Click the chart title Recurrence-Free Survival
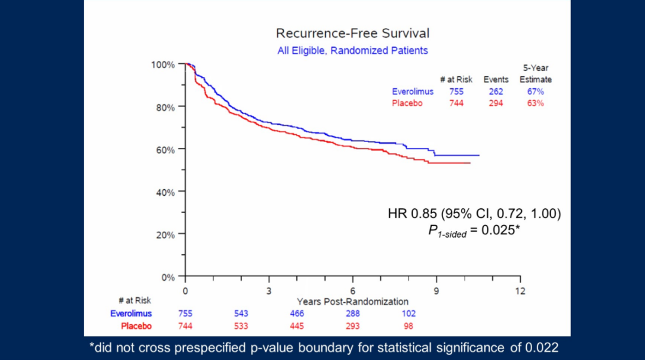(352, 33)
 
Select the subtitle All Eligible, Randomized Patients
(352, 51)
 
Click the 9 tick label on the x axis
(437, 290)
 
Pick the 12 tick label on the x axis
(520, 290)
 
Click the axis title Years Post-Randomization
(352, 301)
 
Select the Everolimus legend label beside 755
(413, 91)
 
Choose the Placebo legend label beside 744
(407, 103)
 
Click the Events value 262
(495, 91)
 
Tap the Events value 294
(495, 103)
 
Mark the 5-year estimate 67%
(535, 91)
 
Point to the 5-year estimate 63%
(535, 103)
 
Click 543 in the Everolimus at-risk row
(241, 313)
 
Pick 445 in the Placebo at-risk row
(297, 326)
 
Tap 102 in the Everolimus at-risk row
(408, 313)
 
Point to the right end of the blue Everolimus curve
(478, 155)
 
